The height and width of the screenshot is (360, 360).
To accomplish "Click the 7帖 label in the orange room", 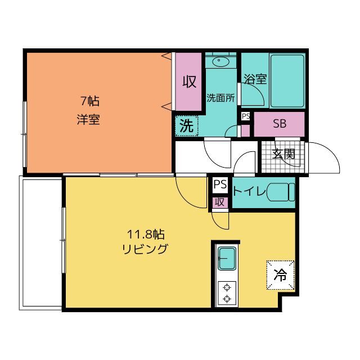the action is [x=90, y=101].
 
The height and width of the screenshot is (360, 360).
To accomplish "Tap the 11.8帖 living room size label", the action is [x=146, y=235].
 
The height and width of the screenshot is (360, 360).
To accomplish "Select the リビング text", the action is [x=145, y=249].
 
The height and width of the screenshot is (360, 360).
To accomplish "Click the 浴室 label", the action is [x=255, y=79].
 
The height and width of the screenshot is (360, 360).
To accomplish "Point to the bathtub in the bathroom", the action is [x=287, y=80].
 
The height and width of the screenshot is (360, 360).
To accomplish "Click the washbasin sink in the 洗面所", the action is [x=220, y=61].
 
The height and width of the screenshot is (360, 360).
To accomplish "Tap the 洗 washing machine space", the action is [x=186, y=126].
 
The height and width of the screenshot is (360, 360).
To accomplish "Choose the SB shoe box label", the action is [x=280, y=124].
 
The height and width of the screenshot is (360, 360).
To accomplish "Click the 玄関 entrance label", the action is [x=283, y=154].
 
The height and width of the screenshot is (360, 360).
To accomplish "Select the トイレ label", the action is [x=249, y=191].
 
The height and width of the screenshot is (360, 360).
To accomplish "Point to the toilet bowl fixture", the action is [x=281, y=192].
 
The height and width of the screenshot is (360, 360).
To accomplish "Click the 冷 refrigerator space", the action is [x=280, y=275].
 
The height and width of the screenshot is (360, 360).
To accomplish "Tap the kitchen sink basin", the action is [x=227, y=258].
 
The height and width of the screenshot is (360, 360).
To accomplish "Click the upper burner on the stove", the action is [x=227, y=287].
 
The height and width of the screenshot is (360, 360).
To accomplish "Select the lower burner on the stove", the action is [x=227, y=299].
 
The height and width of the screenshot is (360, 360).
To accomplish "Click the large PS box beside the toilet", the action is [x=220, y=185].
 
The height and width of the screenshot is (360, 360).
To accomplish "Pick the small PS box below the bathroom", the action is [x=245, y=116].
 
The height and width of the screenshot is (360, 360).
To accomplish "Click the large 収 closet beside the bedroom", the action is [x=189, y=82].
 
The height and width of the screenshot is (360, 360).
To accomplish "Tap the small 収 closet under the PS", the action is [x=220, y=202].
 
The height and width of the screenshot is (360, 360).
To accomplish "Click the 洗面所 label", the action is [x=220, y=98].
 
